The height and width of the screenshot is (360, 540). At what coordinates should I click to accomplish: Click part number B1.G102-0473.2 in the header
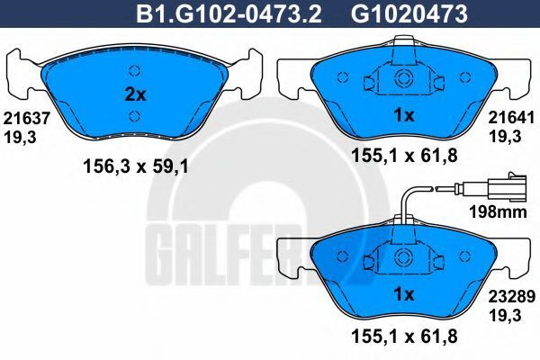(x=229, y=13)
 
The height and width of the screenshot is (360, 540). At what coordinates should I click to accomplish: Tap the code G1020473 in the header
(x=409, y=13)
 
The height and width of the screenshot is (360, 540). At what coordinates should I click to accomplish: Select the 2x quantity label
(x=135, y=94)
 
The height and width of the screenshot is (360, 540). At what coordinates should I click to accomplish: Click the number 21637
(x=26, y=119)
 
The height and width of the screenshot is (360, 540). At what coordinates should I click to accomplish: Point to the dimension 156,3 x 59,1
(x=136, y=167)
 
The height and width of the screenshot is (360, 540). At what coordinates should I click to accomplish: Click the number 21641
(x=511, y=118)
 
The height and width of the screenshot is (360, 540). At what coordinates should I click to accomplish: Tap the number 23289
(x=512, y=297)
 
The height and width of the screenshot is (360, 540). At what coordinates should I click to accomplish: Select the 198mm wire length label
(x=498, y=212)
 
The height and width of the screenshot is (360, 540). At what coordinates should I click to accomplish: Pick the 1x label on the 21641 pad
(x=403, y=116)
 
